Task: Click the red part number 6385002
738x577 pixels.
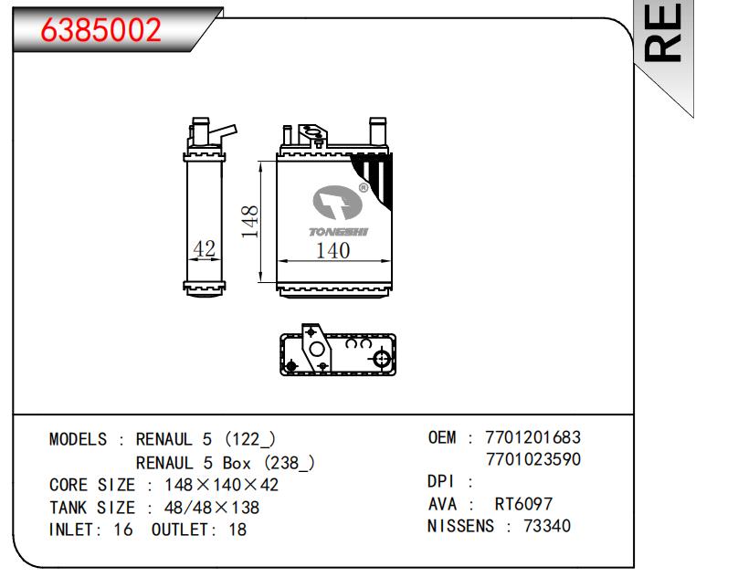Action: tap(101, 29)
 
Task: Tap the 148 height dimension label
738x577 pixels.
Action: tap(250, 221)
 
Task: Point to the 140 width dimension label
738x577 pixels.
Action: tap(332, 250)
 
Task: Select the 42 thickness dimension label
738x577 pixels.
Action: tap(205, 249)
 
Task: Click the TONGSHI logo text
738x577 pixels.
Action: tap(339, 232)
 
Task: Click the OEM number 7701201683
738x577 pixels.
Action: tap(532, 437)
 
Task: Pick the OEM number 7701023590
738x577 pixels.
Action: tap(533, 459)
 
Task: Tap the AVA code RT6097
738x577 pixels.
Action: tap(523, 504)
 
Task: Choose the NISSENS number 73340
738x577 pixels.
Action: tap(547, 526)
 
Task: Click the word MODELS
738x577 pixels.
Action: tap(79, 439)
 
